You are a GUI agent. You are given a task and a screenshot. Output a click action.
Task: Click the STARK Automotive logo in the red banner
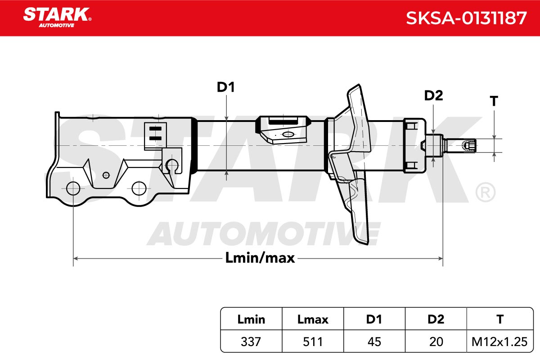click(x=57, y=18)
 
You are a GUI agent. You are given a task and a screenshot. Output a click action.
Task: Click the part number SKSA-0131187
click(x=466, y=18)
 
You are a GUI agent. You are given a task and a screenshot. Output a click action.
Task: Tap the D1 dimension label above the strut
click(x=225, y=87)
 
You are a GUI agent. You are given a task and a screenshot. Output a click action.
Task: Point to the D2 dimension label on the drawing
click(x=433, y=95)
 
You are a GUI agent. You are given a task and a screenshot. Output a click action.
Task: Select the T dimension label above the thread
click(x=494, y=101)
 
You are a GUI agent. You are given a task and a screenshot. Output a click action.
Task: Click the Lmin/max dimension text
click(x=260, y=258)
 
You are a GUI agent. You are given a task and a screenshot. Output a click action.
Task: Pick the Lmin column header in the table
click(x=251, y=319)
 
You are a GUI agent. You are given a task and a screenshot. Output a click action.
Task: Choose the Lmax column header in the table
click(x=313, y=319)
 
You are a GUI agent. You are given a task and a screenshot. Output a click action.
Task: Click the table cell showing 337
click(x=251, y=342)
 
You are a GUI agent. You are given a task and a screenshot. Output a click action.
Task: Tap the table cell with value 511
click(x=313, y=342)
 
